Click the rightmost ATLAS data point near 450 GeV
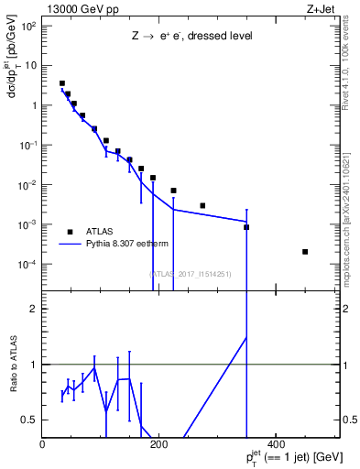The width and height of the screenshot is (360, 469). click(305, 252)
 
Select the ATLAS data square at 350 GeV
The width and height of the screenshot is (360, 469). click(246, 227)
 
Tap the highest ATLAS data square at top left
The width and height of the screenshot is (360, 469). click(62, 83)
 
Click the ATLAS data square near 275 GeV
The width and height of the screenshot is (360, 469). click(202, 205)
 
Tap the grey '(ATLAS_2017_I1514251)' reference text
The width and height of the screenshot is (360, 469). click(191, 273)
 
